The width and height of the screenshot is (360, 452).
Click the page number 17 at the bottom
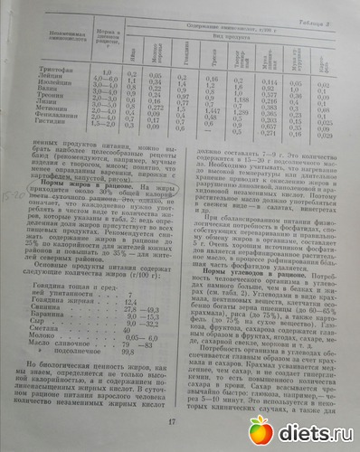pos(173,420)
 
